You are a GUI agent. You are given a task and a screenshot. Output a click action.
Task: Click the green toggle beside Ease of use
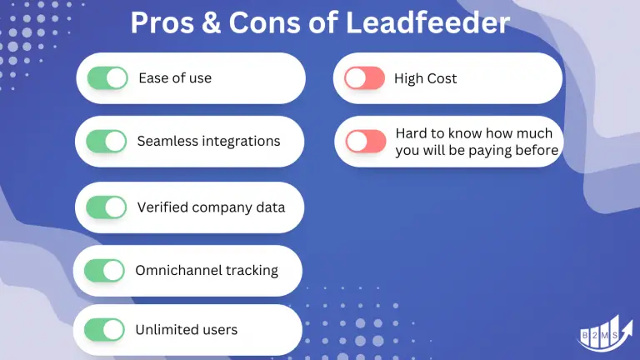click(107, 78)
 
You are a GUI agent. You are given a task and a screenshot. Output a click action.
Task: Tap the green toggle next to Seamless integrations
click(107, 141)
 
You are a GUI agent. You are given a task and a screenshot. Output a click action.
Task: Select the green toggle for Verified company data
click(107, 207)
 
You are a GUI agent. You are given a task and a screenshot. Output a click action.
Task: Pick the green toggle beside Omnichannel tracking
click(105, 270)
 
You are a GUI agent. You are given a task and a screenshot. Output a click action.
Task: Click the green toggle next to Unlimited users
click(105, 329)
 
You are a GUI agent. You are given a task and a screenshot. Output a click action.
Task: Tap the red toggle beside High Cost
click(365, 78)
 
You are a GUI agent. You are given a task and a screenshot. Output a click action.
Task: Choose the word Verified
click(162, 207)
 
